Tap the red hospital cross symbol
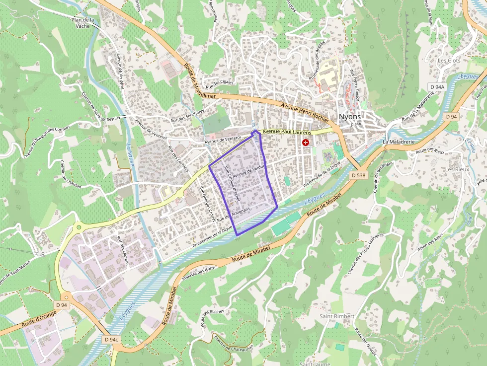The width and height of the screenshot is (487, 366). [306, 143]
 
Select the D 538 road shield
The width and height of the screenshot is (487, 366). [358, 175]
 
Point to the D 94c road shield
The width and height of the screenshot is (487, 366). [112, 340]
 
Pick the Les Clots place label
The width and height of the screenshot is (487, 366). [449, 61]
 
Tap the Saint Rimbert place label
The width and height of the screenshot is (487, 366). [337, 316]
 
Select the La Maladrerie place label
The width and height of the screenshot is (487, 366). [399, 142]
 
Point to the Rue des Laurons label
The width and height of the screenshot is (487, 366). [123, 250]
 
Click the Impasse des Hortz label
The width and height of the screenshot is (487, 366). [199, 274]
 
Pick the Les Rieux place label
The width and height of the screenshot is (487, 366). [457, 169]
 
